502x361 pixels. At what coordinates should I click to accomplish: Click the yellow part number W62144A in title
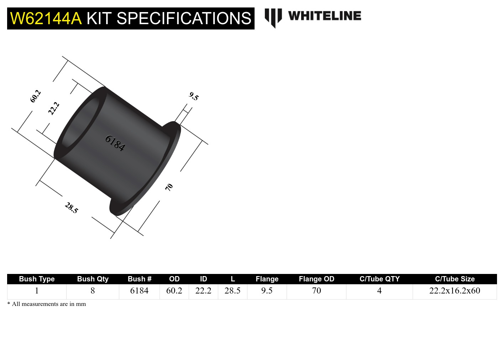tap(46, 18)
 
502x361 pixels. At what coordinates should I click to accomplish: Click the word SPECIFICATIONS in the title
tap(184, 18)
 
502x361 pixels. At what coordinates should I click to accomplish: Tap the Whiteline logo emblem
tap(273, 17)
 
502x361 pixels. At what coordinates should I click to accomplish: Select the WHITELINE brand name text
tap(324, 16)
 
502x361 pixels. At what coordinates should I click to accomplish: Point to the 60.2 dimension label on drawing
tap(35, 96)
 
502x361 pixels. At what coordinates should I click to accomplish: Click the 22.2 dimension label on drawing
tap(53, 108)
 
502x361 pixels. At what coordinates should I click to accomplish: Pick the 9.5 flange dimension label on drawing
tap(194, 96)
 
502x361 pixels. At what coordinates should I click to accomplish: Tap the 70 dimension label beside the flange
tap(169, 187)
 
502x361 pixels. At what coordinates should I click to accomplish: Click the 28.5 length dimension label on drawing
tap(71, 208)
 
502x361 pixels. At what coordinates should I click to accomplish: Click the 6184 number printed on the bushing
tap(115, 143)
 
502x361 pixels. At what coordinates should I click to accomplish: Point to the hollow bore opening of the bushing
tap(80, 123)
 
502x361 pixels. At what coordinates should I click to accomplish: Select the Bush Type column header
tap(37, 279)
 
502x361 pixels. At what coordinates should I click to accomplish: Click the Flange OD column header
tap(317, 279)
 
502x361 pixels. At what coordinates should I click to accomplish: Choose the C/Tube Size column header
tap(455, 279)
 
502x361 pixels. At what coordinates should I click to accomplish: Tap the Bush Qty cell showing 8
tap(93, 291)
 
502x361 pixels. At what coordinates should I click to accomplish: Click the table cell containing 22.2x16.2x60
tap(455, 291)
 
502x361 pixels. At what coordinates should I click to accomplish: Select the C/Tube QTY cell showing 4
tap(379, 291)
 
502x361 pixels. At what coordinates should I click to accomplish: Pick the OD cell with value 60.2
tap(174, 291)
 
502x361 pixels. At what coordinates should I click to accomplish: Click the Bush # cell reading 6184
tap(139, 291)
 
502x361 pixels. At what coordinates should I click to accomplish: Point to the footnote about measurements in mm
tap(47, 304)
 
